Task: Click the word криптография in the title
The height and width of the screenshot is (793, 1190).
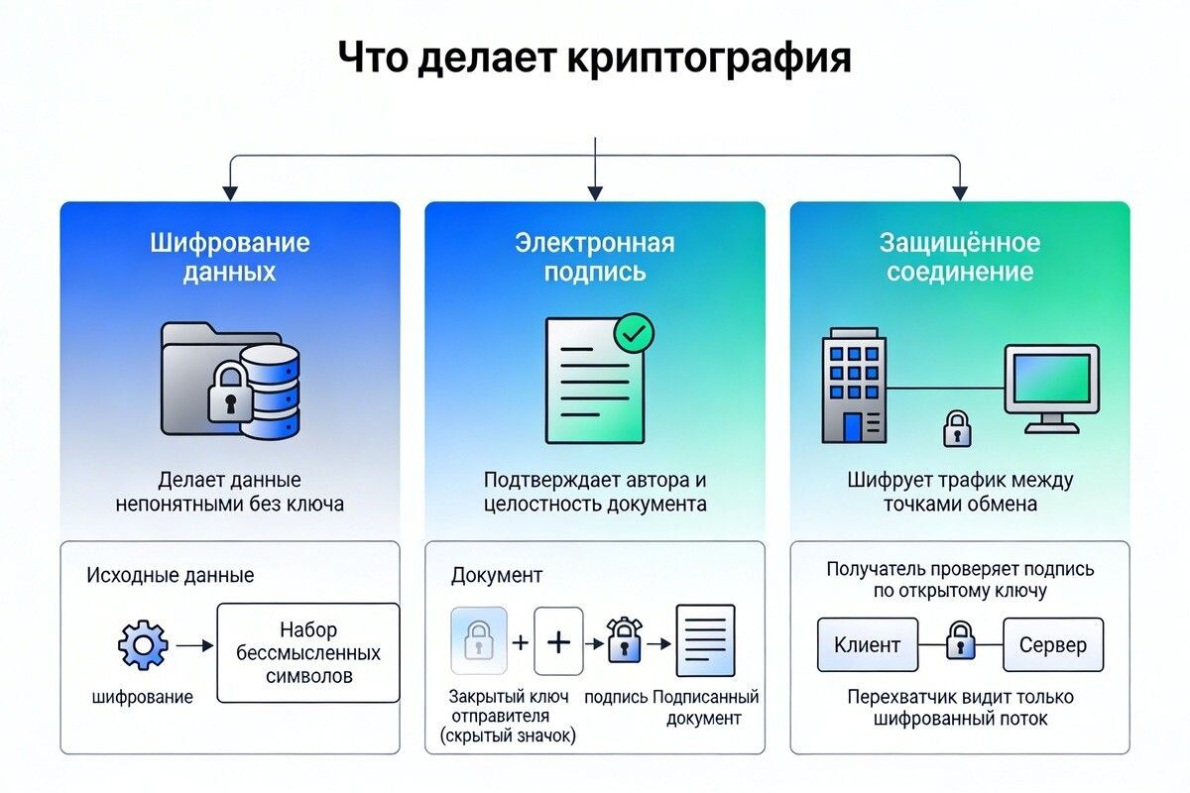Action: click(709, 57)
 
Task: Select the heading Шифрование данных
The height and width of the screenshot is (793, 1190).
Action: click(230, 257)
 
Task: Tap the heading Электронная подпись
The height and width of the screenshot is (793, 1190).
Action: click(594, 257)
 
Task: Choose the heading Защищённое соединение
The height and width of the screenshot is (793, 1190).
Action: click(959, 257)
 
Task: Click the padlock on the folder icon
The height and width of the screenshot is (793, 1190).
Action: click(229, 391)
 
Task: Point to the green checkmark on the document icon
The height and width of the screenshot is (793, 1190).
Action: click(633, 333)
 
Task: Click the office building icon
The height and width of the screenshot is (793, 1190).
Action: click(853, 386)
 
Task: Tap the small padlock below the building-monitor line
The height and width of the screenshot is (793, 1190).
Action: click(955, 428)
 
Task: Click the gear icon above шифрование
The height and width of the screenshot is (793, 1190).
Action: click(143, 645)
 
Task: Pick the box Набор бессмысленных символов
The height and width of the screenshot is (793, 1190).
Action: click(308, 653)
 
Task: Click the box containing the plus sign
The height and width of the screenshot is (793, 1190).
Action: click(558, 642)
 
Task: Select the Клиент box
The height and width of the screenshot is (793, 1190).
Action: click(867, 645)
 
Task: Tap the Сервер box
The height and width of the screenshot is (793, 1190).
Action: click(1052, 645)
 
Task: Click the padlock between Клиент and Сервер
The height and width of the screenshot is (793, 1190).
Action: click(960, 642)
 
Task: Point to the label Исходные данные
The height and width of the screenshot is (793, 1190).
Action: click(171, 575)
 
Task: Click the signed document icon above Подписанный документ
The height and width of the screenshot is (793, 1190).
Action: click(705, 640)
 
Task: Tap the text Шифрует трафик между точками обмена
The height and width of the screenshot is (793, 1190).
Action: click(960, 492)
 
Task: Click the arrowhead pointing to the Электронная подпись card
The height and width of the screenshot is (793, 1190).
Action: click(594, 193)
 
